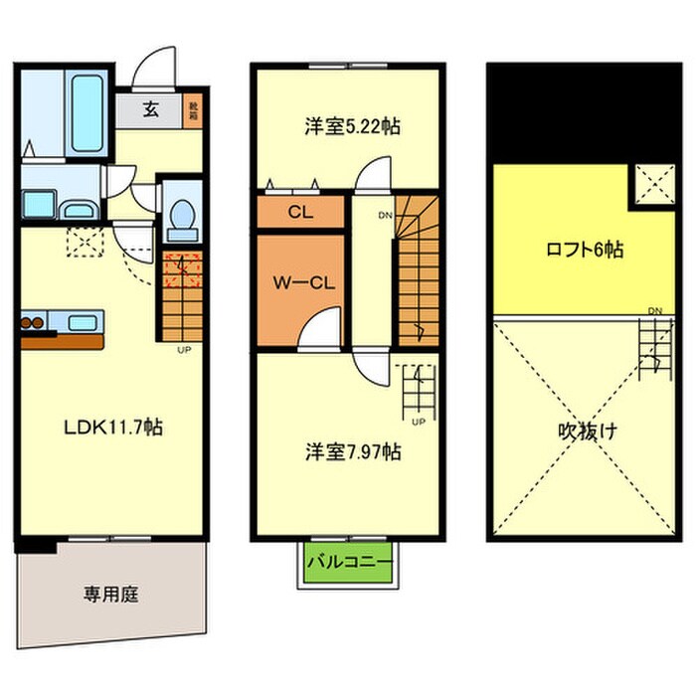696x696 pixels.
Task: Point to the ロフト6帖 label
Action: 585,251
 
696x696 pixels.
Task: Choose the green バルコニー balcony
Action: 348,564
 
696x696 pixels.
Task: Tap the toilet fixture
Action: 181,218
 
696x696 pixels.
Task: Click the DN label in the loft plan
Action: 654,311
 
